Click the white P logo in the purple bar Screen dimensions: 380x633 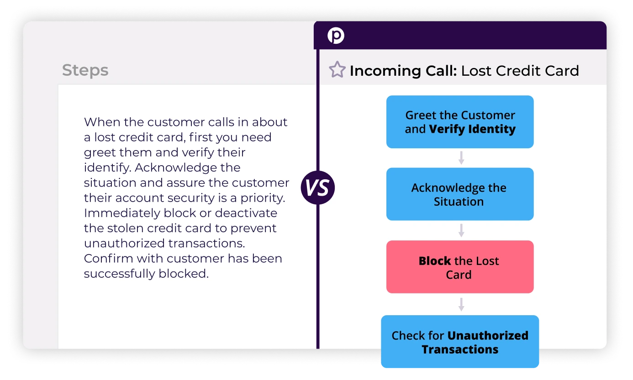pos(336,36)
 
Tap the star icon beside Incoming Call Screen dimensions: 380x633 pos(337,70)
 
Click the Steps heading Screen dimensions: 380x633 pos(85,70)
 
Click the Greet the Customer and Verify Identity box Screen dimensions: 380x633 pos(460,122)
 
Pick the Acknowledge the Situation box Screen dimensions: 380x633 pos(460,194)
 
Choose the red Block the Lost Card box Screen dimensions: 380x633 pos(460,267)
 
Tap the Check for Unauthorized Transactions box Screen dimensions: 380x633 pos(460,342)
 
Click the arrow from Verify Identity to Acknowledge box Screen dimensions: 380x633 pos(461,158)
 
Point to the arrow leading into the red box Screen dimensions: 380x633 pos(461,230)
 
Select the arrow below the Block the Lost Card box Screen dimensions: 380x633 pos(461,304)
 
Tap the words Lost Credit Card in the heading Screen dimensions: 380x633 pos(520,71)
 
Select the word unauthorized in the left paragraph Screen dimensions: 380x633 pos(124,243)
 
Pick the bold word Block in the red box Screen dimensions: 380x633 pos(434,261)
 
